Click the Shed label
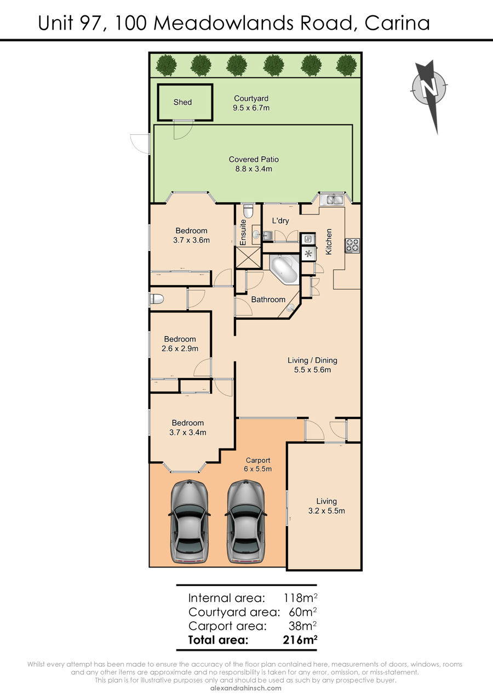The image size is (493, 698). tap(182, 102)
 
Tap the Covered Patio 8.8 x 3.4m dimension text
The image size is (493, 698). tap(254, 169)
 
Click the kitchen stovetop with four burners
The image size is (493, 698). tap(352, 245)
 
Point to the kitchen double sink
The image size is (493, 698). tap(333, 200)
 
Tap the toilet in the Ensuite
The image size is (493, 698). tap(248, 211)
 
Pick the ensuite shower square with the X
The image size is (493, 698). tap(248, 257)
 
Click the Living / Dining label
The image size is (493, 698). tap(312, 360)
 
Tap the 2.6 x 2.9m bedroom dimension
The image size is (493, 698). tap(180, 348)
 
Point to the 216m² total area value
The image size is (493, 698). tap(300, 640)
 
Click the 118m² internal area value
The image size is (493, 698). tap(300, 598)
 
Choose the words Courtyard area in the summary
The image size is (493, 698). tap(234, 612)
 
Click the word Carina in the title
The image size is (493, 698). tap(397, 23)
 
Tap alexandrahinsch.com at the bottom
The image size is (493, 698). tap(246, 688)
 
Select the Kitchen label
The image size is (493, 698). tap(329, 241)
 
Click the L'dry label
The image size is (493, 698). tap(280, 220)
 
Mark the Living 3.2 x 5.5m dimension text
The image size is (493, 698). tap(326, 510)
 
